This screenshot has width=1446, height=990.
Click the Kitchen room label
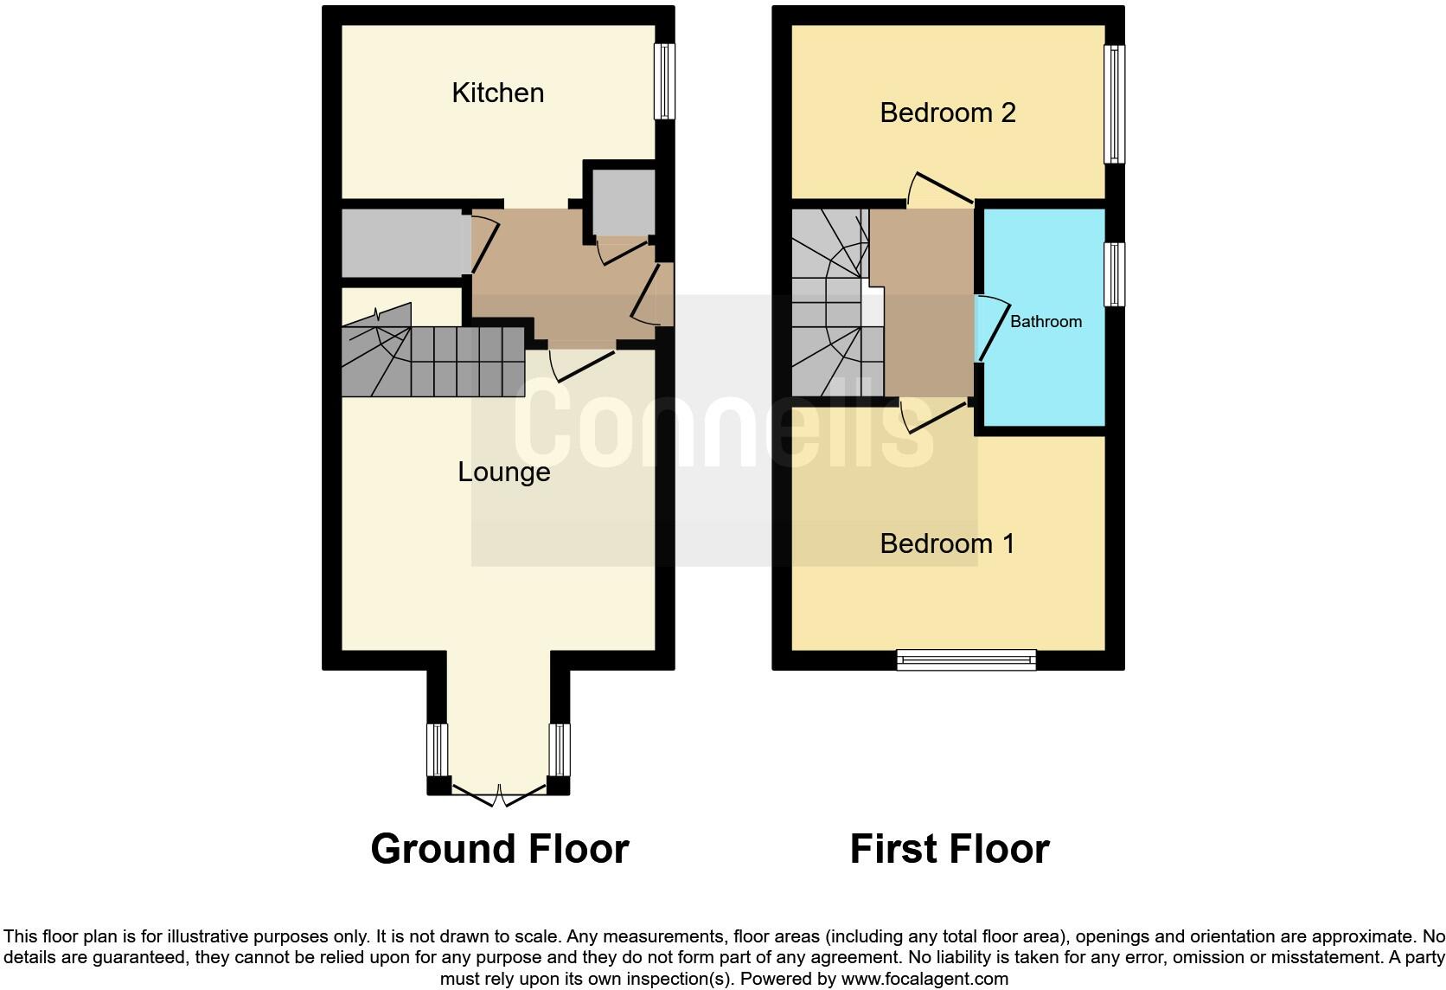click(x=497, y=93)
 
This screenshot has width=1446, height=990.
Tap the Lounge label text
click(x=503, y=472)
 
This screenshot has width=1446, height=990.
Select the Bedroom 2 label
click(x=947, y=112)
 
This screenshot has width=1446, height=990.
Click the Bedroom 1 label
click(x=947, y=543)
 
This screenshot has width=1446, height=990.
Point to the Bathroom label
click(x=1046, y=322)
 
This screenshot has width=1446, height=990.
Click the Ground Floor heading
click(x=499, y=849)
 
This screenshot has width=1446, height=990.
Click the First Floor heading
click(x=949, y=849)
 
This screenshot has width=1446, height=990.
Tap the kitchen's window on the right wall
click(x=663, y=80)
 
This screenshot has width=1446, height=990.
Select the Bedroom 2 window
click(x=1114, y=104)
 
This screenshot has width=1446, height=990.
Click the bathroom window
click(x=1114, y=273)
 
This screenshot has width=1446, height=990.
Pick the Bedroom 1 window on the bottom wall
click(x=966, y=660)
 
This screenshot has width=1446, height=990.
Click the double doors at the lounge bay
click(x=498, y=794)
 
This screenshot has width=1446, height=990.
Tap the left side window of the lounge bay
click(x=438, y=749)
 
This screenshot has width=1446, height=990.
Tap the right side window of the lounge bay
click(x=560, y=749)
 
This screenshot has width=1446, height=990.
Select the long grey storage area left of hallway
click(x=403, y=243)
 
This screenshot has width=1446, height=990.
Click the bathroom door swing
click(x=990, y=329)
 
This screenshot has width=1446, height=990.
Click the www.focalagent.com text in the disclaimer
click(x=925, y=979)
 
